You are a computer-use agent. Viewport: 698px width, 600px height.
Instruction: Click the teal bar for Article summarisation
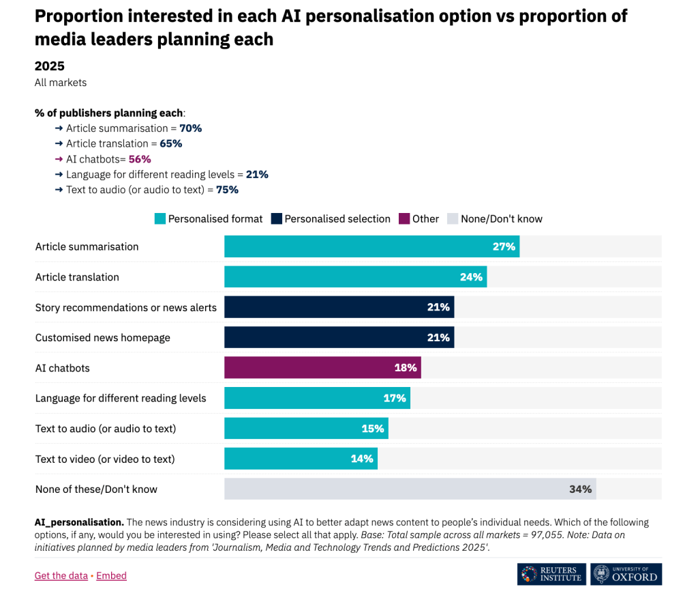(x=371, y=246)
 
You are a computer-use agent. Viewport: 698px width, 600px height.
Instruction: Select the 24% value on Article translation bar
(x=471, y=277)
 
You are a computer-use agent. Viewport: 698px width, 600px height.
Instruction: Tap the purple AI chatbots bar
(x=322, y=368)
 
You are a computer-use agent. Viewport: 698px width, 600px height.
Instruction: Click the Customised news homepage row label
(x=103, y=338)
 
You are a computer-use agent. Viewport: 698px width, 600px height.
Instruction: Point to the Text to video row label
(x=105, y=459)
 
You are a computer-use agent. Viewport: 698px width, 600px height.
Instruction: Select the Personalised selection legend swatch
(x=277, y=219)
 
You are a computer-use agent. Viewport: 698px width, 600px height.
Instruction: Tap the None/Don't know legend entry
(x=501, y=219)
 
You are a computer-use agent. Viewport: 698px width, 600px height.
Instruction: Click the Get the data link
(x=61, y=575)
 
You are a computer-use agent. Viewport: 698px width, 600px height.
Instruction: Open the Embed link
(x=111, y=575)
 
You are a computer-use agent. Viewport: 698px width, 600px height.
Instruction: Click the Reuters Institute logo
(x=551, y=574)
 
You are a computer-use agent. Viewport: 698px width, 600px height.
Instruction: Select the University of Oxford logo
(x=626, y=574)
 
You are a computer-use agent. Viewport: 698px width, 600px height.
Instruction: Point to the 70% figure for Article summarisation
(x=190, y=128)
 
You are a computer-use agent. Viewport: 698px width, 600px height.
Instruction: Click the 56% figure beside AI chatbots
(x=139, y=159)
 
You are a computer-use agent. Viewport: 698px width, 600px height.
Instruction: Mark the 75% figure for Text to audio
(x=227, y=190)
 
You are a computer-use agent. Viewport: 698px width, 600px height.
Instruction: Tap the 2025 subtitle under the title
(x=50, y=66)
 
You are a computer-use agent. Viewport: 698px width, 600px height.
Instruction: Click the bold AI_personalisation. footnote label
(x=79, y=522)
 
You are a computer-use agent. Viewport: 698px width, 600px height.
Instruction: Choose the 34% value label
(x=580, y=489)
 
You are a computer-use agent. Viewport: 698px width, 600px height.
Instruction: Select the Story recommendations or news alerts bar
(x=339, y=307)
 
